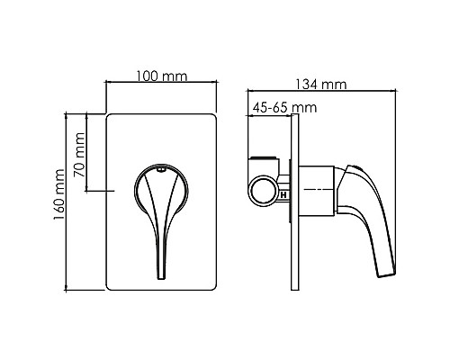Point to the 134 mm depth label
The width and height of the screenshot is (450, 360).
[321, 85]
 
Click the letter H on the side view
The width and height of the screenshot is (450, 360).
[283, 193]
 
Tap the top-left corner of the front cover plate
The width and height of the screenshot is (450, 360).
[110, 115]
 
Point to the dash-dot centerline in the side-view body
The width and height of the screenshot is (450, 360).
[315, 191]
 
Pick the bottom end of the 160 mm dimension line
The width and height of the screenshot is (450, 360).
[68, 291]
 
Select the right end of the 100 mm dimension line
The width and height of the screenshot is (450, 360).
[219, 84]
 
